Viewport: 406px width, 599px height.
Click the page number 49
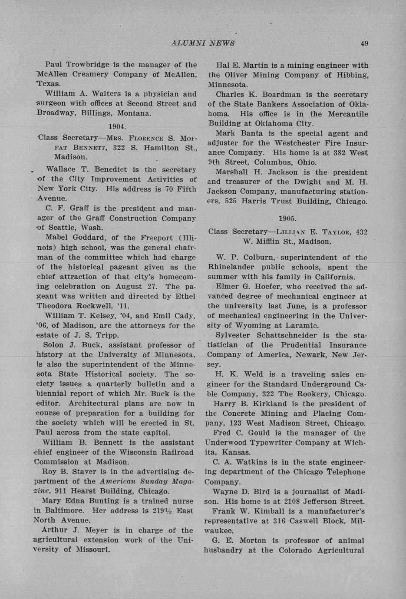tap(364, 43)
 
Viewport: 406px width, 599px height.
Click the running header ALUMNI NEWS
tap(203, 43)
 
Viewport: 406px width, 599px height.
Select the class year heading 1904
tap(117, 127)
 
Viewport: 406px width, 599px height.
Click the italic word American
tap(117, 481)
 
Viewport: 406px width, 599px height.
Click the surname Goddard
tap(86, 238)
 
